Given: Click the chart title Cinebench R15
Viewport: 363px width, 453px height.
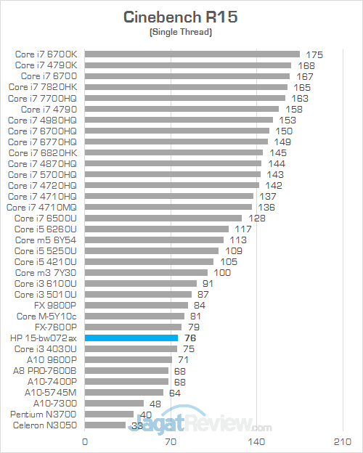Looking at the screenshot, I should pyautogui.click(x=181, y=17).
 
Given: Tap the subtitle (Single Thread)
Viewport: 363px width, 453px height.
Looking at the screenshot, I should pyautogui.click(x=181, y=33).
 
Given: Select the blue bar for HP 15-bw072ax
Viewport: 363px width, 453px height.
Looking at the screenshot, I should pyautogui.click(x=131, y=338).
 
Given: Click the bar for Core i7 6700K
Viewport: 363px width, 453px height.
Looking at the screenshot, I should pyautogui.click(x=192, y=54).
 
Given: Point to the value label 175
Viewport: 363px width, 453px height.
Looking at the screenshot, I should pyautogui.click(x=314, y=54).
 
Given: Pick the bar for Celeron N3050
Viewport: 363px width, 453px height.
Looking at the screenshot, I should pyautogui.click(x=105, y=425).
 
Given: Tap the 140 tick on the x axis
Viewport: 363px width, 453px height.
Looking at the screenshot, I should pyautogui.click(x=256, y=441).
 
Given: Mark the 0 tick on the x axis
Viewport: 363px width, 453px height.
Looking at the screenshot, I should pyautogui.click(x=85, y=441).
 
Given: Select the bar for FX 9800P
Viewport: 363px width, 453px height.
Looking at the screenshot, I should pyautogui.click(x=136, y=305).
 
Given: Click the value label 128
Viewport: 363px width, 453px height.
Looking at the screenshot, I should pyautogui.click(x=257, y=218).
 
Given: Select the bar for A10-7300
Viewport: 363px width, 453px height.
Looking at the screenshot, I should pyautogui.click(x=114, y=403).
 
